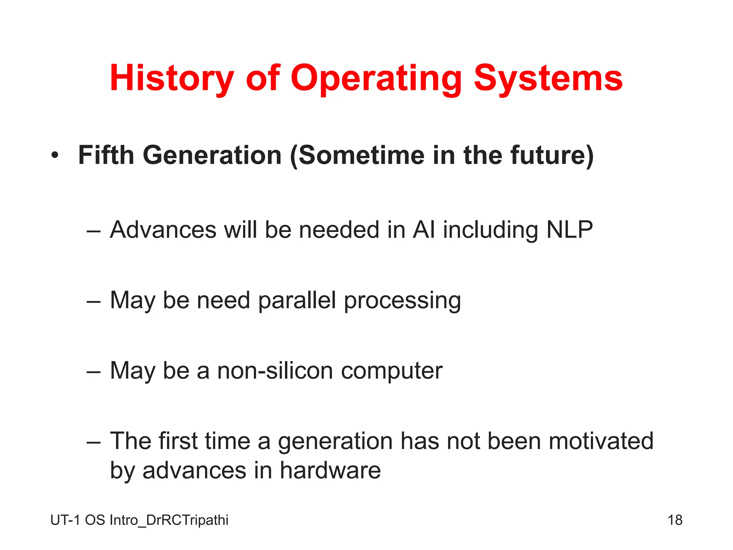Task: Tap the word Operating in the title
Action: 376,78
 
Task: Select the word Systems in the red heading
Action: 548,78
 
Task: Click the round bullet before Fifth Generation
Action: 54,156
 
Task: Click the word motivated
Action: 601,441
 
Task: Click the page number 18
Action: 675,520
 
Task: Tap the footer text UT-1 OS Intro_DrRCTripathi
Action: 139,520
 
